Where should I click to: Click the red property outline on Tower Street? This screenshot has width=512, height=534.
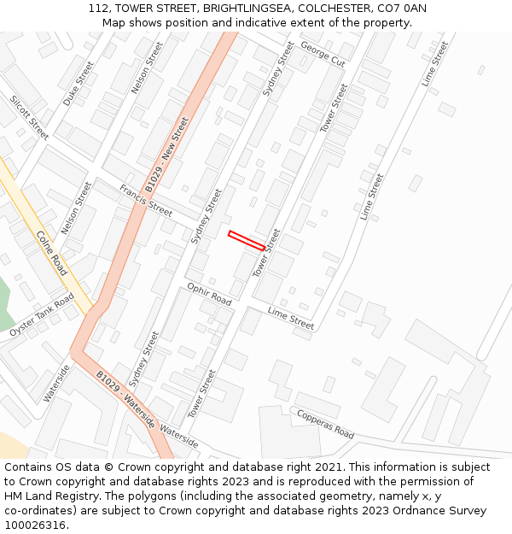click(x=247, y=240)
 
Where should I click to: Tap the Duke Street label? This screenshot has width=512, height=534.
click(x=79, y=83)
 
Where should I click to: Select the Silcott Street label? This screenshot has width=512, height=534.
click(x=29, y=117)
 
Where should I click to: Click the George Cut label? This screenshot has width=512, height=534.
click(x=323, y=56)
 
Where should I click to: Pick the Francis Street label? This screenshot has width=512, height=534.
click(x=146, y=200)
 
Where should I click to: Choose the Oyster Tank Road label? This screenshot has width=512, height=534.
click(x=43, y=315)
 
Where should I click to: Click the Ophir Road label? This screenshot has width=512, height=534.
click(x=209, y=295)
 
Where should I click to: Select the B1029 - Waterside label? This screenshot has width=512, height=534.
click(x=125, y=398)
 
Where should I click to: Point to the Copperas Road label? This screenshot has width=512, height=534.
click(x=325, y=424)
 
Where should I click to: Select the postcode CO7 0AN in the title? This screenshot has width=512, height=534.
click(x=401, y=9)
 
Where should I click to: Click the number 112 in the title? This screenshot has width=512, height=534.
click(x=98, y=9)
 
